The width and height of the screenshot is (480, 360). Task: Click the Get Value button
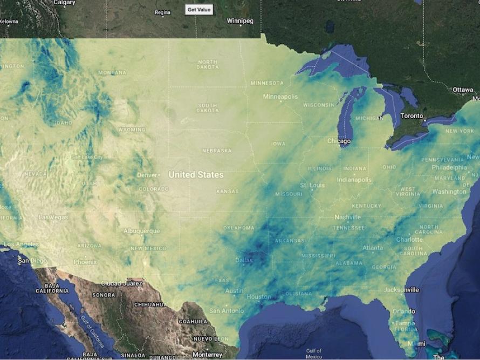199,10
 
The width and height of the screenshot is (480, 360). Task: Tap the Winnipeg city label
240,21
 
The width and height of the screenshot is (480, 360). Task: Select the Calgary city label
64,3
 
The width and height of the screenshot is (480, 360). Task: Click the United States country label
196,175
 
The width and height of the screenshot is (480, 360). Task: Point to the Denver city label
147,175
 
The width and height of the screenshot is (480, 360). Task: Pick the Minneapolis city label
280,97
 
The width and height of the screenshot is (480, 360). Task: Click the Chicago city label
339,141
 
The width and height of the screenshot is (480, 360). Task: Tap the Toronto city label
412,116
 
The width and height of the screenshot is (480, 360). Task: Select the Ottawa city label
462,90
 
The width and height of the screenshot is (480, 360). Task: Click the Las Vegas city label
53,218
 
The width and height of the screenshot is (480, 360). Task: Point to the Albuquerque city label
142,231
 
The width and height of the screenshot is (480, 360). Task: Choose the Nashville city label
347,217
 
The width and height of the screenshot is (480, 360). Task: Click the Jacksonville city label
401,290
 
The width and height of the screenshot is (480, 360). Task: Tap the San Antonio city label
227,311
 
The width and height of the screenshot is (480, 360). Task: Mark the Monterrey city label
207,355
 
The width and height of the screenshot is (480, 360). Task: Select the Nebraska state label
217,151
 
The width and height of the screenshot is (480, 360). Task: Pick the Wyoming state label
132,130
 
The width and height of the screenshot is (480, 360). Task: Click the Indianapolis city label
354,180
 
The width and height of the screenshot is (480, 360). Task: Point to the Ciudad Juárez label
122,283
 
